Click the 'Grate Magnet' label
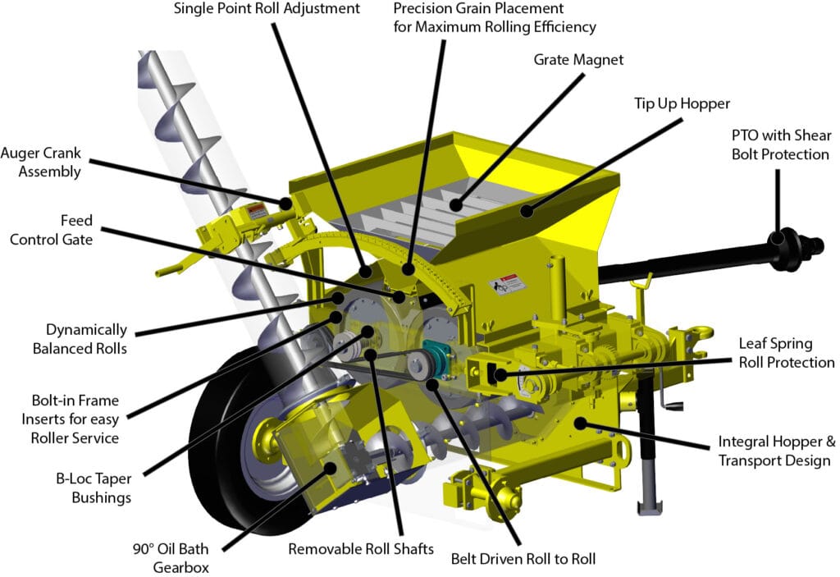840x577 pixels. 578,60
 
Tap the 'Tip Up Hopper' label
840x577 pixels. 682,103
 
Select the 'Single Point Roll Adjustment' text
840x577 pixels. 267,9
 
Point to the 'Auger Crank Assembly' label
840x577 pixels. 41,162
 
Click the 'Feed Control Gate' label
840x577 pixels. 52,230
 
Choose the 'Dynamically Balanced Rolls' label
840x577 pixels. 80,339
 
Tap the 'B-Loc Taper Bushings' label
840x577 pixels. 94,488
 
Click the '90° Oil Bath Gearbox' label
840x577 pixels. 171,557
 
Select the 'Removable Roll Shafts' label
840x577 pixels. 361,549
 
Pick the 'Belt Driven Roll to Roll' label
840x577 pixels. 523,559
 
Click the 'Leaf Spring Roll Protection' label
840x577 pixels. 787,353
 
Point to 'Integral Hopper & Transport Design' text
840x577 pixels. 777,451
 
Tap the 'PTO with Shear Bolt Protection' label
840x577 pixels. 781,144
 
